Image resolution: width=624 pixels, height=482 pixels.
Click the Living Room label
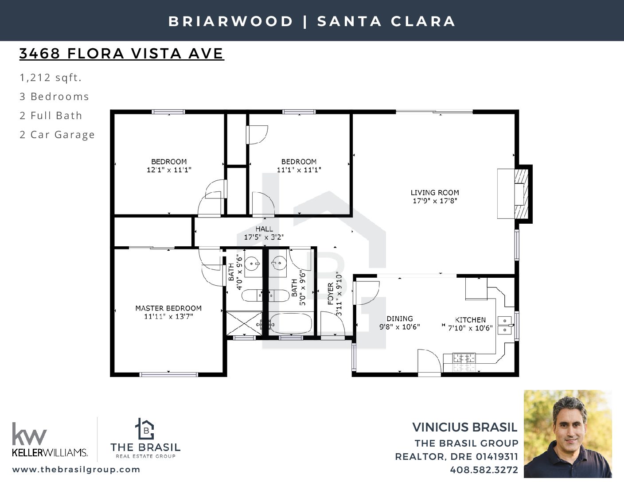point(434,193)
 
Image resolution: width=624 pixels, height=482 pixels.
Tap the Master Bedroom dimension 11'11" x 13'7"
point(168,316)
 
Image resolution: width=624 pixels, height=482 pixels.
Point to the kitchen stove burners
point(464,358)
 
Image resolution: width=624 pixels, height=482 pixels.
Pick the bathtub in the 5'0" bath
point(291,324)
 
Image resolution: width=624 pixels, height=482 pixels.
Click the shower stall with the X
point(244,323)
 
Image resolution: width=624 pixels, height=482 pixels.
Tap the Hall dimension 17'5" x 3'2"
point(264,237)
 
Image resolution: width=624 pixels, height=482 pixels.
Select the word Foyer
point(331,293)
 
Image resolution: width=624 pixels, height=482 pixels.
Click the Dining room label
point(400,319)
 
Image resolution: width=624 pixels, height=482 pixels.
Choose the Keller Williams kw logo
point(29,434)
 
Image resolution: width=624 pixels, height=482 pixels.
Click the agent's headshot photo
point(568,434)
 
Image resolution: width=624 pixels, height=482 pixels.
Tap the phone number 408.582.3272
point(484,470)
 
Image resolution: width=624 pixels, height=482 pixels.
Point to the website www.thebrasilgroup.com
point(76,469)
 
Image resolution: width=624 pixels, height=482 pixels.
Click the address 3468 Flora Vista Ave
point(121,54)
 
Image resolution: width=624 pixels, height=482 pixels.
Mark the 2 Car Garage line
point(57,135)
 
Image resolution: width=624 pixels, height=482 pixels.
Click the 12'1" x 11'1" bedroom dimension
point(169,170)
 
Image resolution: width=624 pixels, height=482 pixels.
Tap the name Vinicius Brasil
point(464,428)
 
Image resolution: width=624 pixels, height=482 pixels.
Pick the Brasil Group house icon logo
point(145,429)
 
